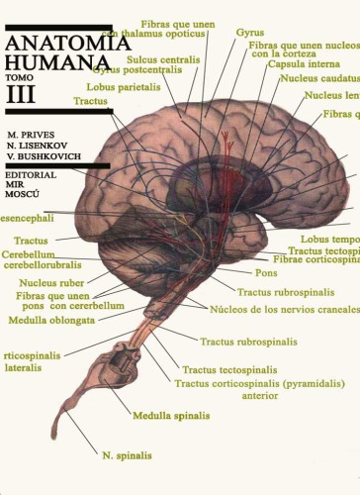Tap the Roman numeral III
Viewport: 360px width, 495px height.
(x=21, y=95)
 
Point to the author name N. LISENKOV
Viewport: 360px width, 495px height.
(x=39, y=143)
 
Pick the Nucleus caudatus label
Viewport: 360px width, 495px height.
(x=318, y=77)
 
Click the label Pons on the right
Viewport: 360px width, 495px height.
(x=266, y=271)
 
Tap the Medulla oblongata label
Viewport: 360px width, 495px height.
(x=45, y=319)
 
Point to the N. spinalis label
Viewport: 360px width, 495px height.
(x=127, y=455)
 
